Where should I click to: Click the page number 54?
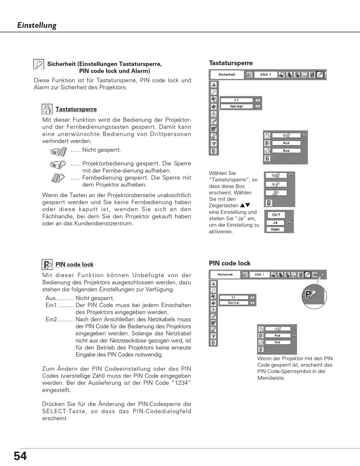pyautogui.click(x=20, y=456)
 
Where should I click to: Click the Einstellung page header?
pyautogui.click(x=37, y=25)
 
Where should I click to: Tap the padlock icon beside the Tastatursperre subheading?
pyautogui.click(x=47, y=109)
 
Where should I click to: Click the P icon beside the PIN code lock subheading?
pyautogui.click(x=47, y=264)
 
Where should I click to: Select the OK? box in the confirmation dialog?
pyautogui.click(x=276, y=215)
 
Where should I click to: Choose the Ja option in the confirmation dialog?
pyautogui.click(x=275, y=223)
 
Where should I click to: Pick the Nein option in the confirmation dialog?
pyautogui.click(x=275, y=229)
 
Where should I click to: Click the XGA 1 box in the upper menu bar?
pyautogui.click(x=266, y=75)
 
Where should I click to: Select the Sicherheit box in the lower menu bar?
pyautogui.click(x=225, y=275)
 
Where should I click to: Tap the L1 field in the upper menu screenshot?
pyautogui.click(x=236, y=100)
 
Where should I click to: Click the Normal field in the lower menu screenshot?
pyautogui.click(x=234, y=303)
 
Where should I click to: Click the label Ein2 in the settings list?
pyautogui.click(x=51, y=320)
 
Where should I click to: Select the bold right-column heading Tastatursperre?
pyautogui.click(x=231, y=63)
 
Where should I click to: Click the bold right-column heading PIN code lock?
pyautogui.click(x=230, y=263)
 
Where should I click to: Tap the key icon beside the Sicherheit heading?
pyautogui.click(x=39, y=64)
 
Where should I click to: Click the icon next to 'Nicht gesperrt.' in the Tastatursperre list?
pyautogui.click(x=58, y=152)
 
